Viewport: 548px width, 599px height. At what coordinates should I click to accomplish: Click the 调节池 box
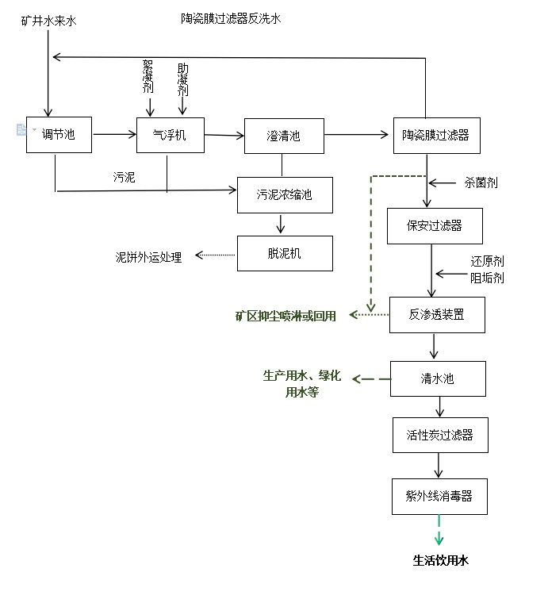tap(59, 135)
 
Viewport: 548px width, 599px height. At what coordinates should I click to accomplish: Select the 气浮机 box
tap(171, 135)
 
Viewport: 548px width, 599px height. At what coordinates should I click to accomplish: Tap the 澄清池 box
tap(283, 136)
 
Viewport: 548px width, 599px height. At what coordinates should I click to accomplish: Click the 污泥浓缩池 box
tap(285, 195)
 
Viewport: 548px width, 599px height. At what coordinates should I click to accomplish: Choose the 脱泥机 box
tap(284, 254)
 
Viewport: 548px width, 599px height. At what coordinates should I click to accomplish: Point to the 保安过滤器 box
tap(435, 226)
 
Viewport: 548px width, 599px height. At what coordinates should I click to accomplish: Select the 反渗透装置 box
tap(437, 315)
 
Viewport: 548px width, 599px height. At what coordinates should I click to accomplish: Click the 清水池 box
tap(437, 378)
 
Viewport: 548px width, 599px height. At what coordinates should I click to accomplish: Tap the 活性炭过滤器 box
tap(439, 435)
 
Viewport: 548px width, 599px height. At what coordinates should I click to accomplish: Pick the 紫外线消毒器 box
tap(439, 496)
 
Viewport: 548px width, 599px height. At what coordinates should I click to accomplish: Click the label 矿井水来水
tap(49, 19)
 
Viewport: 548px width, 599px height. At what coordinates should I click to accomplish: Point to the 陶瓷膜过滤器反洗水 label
tap(231, 17)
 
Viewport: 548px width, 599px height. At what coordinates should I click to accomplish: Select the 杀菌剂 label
tap(481, 182)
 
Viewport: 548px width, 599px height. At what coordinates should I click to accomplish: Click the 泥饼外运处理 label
tap(148, 257)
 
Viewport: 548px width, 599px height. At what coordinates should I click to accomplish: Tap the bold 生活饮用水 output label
tap(441, 560)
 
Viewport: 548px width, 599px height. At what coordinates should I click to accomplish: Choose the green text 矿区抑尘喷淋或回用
tap(285, 316)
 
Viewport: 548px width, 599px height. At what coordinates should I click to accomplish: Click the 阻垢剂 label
tap(487, 278)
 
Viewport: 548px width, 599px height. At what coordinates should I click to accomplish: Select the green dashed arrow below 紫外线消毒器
tap(439, 530)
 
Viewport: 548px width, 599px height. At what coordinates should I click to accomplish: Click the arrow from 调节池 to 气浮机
tap(114, 135)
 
